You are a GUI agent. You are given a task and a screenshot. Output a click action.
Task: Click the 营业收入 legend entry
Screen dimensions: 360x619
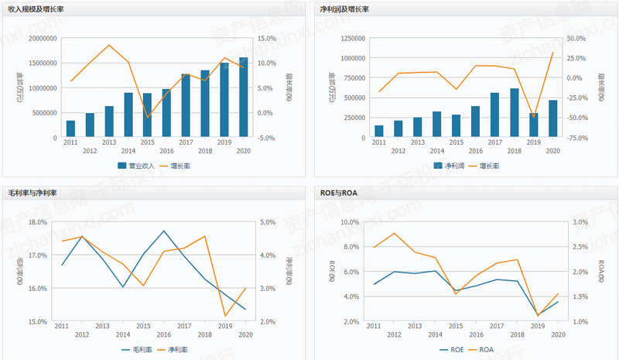(136, 166)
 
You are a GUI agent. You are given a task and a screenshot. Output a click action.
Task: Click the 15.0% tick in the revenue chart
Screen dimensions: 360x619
(267, 38)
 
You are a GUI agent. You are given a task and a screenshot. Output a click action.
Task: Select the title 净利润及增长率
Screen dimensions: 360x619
(344, 9)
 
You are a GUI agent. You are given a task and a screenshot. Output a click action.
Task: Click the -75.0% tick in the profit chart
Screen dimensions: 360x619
(576, 138)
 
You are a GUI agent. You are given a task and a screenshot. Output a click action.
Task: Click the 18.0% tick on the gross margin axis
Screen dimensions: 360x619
(38, 221)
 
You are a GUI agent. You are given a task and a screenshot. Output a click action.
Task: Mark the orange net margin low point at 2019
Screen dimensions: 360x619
(225, 316)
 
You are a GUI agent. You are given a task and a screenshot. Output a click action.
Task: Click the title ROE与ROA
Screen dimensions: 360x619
(338, 192)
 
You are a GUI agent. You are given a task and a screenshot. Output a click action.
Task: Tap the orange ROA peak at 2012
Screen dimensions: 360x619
(395, 233)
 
